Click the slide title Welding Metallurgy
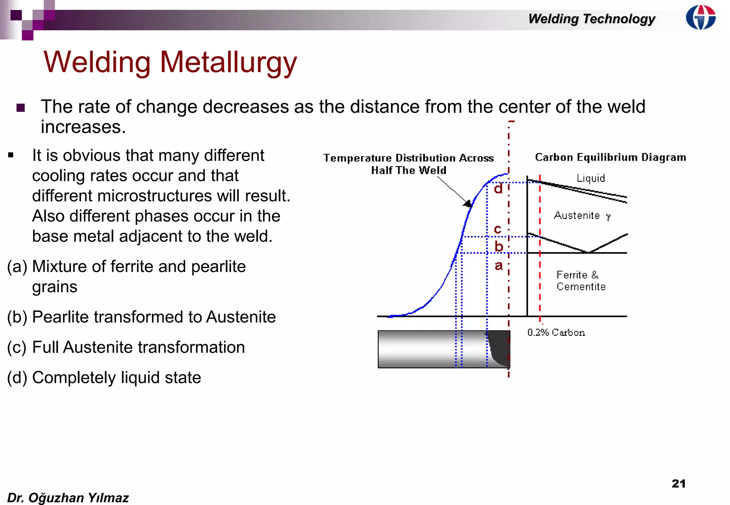click(x=170, y=62)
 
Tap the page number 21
click(x=678, y=483)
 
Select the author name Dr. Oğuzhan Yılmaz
click(x=68, y=498)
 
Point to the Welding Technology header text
click(x=591, y=19)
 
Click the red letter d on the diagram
click(x=498, y=188)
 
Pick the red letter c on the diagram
click(x=498, y=229)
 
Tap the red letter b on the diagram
click(x=499, y=246)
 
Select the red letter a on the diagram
click(x=498, y=266)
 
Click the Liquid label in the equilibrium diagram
click(x=591, y=178)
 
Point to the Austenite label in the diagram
click(x=577, y=215)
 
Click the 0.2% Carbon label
click(x=556, y=332)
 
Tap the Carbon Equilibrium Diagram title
click(x=610, y=157)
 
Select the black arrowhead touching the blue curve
click(x=468, y=203)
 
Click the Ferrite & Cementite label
click(x=581, y=281)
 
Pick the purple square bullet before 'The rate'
click(x=21, y=108)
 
